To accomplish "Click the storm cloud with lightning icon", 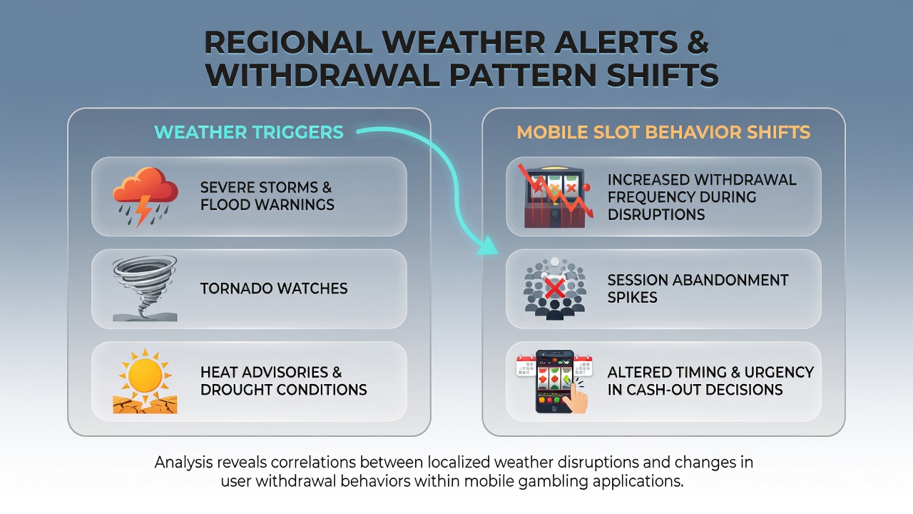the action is click(145, 196).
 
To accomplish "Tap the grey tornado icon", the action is click(145, 288).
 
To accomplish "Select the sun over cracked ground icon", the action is click(145, 381).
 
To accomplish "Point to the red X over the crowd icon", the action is click(555, 288).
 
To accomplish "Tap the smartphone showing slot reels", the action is click(554, 381).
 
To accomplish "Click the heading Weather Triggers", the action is click(249, 132).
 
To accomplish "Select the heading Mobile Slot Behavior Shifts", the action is click(663, 132).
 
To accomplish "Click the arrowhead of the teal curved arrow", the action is click(488, 246).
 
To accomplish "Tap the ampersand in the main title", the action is click(698, 42).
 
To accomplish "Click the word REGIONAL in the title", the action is click(288, 42).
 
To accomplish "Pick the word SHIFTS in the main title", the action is click(663, 75).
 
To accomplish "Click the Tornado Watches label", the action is click(274, 288).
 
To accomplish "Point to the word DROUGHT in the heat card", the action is click(235, 390).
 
